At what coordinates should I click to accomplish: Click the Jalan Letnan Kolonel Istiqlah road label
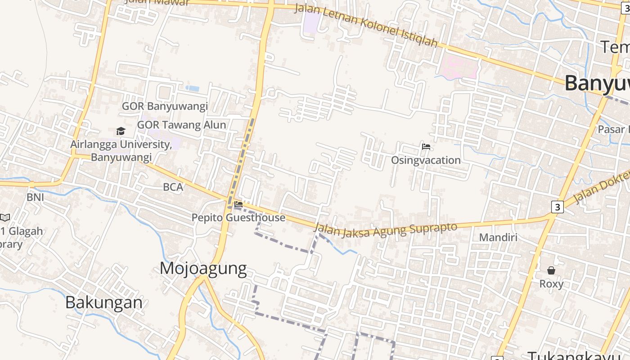click(x=366, y=25)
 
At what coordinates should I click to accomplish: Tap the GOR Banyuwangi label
click(x=165, y=106)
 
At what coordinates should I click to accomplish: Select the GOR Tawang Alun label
click(x=181, y=125)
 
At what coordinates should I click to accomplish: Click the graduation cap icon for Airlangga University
click(x=121, y=131)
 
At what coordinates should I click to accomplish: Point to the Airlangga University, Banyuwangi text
click(x=121, y=151)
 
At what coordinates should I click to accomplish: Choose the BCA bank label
click(x=173, y=187)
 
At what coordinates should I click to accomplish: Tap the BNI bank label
click(x=35, y=197)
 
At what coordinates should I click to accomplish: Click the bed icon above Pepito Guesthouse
click(x=238, y=204)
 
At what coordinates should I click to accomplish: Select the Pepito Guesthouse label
click(x=238, y=218)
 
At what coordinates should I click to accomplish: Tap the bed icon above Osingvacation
click(x=426, y=147)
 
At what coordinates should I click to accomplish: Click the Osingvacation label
click(x=426, y=160)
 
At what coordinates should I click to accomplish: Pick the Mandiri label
click(x=498, y=237)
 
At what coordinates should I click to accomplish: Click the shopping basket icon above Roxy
click(x=551, y=270)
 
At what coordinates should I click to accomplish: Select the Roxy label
click(x=551, y=284)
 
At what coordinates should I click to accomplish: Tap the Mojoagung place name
click(x=203, y=268)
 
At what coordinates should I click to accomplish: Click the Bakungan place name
click(x=104, y=302)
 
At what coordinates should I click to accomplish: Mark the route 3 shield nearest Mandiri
click(x=558, y=207)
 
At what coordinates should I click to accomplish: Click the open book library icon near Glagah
click(x=4, y=218)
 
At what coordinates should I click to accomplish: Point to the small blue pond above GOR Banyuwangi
click(x=192, y=88)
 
